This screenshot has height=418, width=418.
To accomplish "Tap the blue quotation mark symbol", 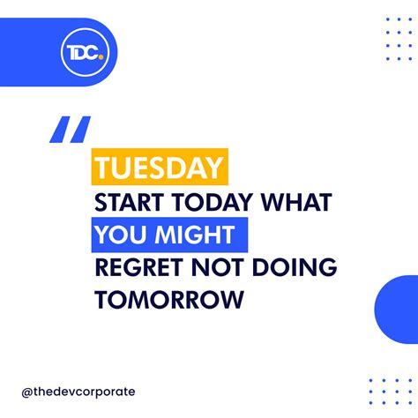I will (70, 130).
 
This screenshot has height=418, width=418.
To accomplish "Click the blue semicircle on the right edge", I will (396, 309).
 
